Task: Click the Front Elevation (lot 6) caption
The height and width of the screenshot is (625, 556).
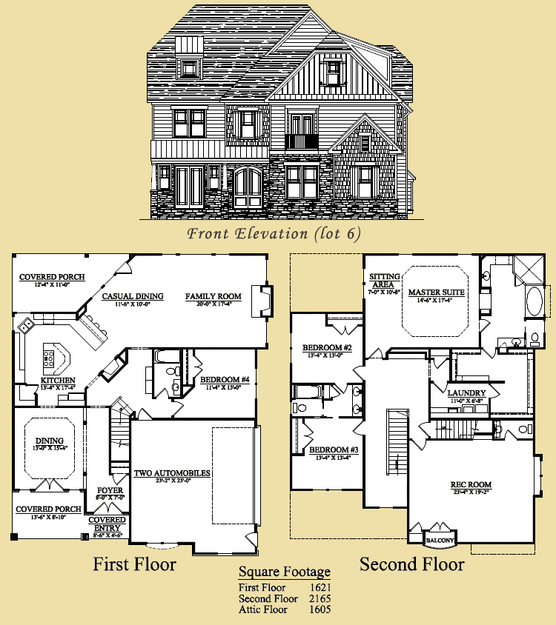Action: tap(274, 234)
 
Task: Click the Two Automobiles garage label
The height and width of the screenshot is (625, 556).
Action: tap(172, 473)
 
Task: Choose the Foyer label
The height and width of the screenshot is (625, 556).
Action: tap(110, 490)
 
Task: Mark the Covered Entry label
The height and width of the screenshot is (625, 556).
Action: tap(107, 524)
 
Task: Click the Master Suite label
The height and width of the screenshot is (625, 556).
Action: tap(436, 293)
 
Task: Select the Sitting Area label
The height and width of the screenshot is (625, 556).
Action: tap(383, 280)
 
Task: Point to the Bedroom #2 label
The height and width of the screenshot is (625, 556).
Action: tap(327, 348)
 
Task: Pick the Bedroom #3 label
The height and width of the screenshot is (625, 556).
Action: tap(334, 450)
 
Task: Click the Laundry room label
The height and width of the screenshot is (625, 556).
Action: tap(467, 392)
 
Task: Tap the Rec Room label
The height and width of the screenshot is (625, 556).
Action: tap(471, 485)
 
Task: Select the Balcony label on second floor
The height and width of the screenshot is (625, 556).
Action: tap(439, 541)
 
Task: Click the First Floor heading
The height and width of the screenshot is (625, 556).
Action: tap(134, 565)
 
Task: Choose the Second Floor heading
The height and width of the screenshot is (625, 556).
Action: tap(412, 565)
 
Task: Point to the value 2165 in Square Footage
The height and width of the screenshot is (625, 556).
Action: tap(320, 598)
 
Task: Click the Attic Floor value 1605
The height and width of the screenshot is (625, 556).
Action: tap(320, 609)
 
